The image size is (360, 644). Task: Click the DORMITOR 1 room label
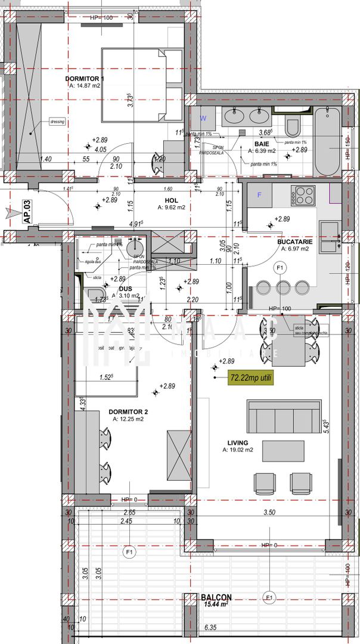(x=84, y=79)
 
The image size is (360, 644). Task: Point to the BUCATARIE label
(x=295, y=241)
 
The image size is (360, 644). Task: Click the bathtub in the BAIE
(x=327, y=141)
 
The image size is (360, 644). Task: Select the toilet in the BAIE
(x=292, y=126)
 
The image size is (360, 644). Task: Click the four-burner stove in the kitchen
(x=303, y=194)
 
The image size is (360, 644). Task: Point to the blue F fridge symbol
(x=259, y=194)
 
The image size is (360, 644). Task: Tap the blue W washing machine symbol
(x=203, y=117)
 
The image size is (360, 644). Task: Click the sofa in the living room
(x=284, y=416)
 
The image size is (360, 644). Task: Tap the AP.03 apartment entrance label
(x=27, y=212)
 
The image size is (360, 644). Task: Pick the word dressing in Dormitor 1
(x=57, y=122)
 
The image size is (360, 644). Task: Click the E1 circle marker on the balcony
(x=269, y=597)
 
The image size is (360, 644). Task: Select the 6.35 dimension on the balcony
(x=209, y=627)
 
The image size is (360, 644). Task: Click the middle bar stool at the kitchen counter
(x=283, y=288)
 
